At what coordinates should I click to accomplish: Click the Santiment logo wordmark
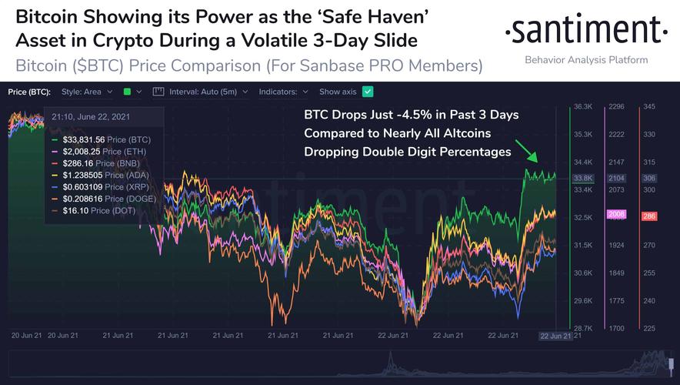click(585, 33)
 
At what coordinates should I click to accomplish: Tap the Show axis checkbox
click(368, 92)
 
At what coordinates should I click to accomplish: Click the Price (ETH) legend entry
click(85, 152)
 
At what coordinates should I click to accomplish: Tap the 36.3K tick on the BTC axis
click(582, 106)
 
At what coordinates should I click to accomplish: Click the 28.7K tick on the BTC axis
click(582, 328)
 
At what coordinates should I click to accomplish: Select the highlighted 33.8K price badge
click(583, 179)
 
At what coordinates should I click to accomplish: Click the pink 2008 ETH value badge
click(617, 214)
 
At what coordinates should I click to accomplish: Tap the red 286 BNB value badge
click(648, 216)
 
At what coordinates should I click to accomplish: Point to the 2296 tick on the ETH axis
click(616, 106)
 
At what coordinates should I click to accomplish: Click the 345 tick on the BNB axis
click(648, 106)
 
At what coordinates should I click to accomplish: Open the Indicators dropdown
click(285, 92)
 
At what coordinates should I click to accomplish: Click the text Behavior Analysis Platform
click(585, 60)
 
